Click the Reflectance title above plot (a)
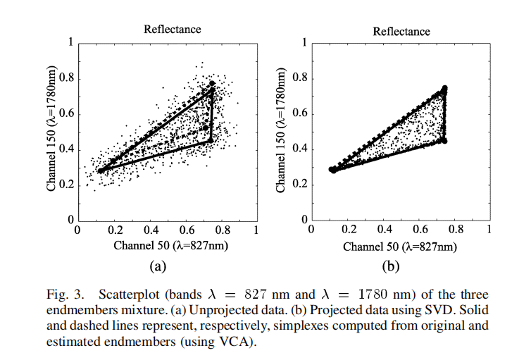click(x=173, y=29)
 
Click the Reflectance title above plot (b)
click(x=401, y=31)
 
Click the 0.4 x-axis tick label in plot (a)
click(x=151, y=230)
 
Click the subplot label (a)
click(x=157, y=266)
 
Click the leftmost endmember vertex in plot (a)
click(x=100, y=170)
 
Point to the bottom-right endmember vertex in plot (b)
click(x=444, y=140)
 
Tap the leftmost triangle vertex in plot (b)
click(x=332, y=170)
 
